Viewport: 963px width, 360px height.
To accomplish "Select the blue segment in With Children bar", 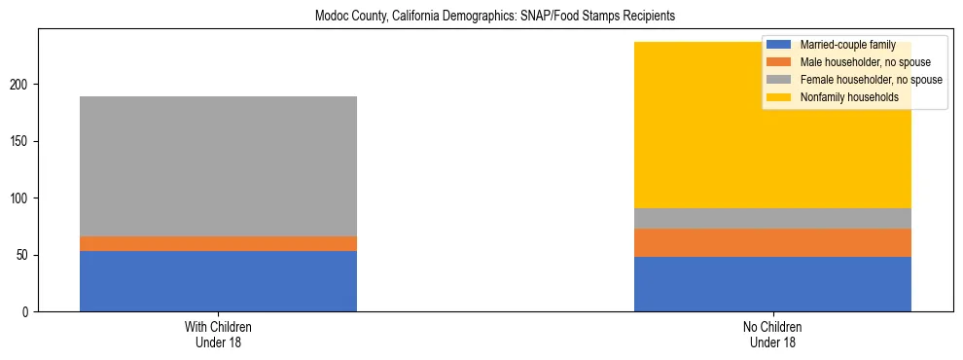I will pyautogui.click(x=218, y=281).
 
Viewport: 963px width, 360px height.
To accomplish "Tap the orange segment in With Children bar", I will pyautogui.click(x=218, y=243).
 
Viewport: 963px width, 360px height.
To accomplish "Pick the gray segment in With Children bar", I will pyautogui.click(x=218, y=166).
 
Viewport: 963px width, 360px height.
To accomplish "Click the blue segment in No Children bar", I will pyautogui.click(x=772, y=284).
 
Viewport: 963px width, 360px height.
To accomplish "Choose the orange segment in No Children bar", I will pyautogui.click(x=772, y=242).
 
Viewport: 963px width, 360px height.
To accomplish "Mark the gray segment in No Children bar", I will pyautogui.click(x=772, y=218).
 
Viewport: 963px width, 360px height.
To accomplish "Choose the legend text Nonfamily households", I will pyautogui.click(x=842, y=97).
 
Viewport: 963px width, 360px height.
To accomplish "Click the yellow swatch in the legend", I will pyautogui.click(x=779, y=97).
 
